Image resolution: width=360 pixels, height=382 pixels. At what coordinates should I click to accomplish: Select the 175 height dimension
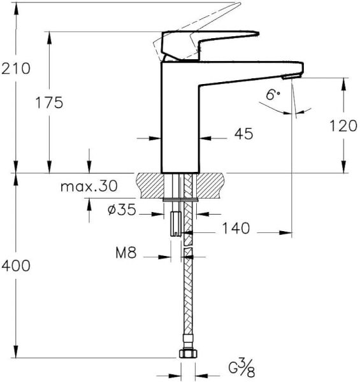click(49, 103)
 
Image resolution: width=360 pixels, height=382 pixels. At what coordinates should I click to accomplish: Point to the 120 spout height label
click(343, 125)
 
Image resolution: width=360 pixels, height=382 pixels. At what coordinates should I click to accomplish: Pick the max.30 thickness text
click(89, 187)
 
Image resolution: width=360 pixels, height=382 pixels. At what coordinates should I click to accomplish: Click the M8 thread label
click(126, 253)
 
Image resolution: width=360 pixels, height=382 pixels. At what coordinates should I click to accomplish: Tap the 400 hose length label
click(15, 265)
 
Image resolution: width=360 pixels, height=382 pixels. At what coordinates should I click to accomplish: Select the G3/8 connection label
click(241, 367)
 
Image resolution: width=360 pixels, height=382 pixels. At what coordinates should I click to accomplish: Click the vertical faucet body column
click(179, 121)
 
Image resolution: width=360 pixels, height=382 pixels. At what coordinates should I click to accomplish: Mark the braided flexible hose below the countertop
click(187, 293)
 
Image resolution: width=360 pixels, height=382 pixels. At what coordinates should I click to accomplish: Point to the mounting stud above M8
click(175, 223)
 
